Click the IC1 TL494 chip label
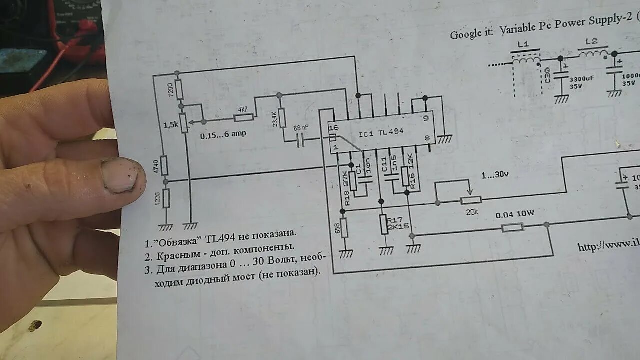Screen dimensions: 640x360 point(381,133)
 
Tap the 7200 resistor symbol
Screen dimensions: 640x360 point(179,90)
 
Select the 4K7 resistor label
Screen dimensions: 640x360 point(243,109)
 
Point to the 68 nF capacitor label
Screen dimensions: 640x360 point(301,128)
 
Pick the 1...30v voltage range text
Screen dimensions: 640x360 point(495,175)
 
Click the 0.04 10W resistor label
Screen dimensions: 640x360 point(515,214)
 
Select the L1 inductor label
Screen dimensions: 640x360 point(523,44)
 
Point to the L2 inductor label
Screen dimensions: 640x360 point(591,41)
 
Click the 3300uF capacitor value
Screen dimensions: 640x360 point(582,79)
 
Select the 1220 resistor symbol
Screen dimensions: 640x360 point(166,198)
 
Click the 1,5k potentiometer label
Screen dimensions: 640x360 point(170,124)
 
